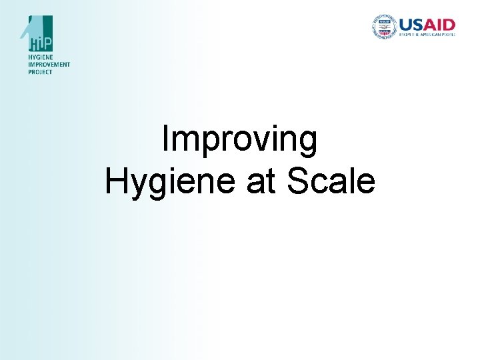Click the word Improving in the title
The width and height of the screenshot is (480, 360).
click(x=239, y=140)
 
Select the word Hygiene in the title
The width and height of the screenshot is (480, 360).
click(x=171, y=181)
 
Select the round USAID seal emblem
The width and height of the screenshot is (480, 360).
click(x=383, y=26)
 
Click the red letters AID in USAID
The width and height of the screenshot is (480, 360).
click(x=441, y=24)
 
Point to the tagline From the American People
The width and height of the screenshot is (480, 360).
click(x=427, y=34)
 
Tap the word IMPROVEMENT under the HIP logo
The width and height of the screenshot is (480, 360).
click(x=49, y=65)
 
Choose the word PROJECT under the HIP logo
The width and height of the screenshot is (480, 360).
click(x=40, y=71)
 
